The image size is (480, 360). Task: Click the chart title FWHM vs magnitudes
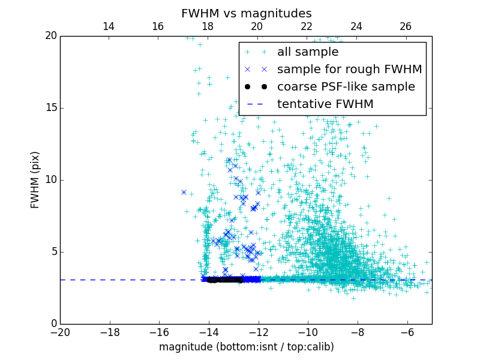pos(246,13)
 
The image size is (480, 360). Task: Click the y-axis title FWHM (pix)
pos(35,180)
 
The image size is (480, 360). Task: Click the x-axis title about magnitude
pos(246,347)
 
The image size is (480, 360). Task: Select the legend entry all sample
pos(308,52)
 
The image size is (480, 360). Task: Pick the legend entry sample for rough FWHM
pos(349,70)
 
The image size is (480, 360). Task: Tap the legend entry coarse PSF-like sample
pos(346,87)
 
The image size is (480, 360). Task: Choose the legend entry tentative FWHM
pos(325,104)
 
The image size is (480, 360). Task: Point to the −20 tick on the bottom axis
pos(60,332)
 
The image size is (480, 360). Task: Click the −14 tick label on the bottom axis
pos(208,332)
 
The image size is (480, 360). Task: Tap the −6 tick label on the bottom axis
pos(407,332)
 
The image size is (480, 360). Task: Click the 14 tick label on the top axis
pos(109,26)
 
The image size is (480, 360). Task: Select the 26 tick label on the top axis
pos(406,26)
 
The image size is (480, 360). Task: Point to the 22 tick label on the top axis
pos(307,26)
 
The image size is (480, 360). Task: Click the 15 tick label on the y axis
pos(50,108)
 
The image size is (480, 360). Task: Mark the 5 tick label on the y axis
pos(53,252)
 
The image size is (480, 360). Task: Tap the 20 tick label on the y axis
pos(50,36)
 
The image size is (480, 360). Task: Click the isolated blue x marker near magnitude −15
pos(184,192)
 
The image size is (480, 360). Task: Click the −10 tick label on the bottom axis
pos(307,332)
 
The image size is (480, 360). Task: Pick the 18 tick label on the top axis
pos(208,26)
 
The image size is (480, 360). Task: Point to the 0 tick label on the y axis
pos(53,324)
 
